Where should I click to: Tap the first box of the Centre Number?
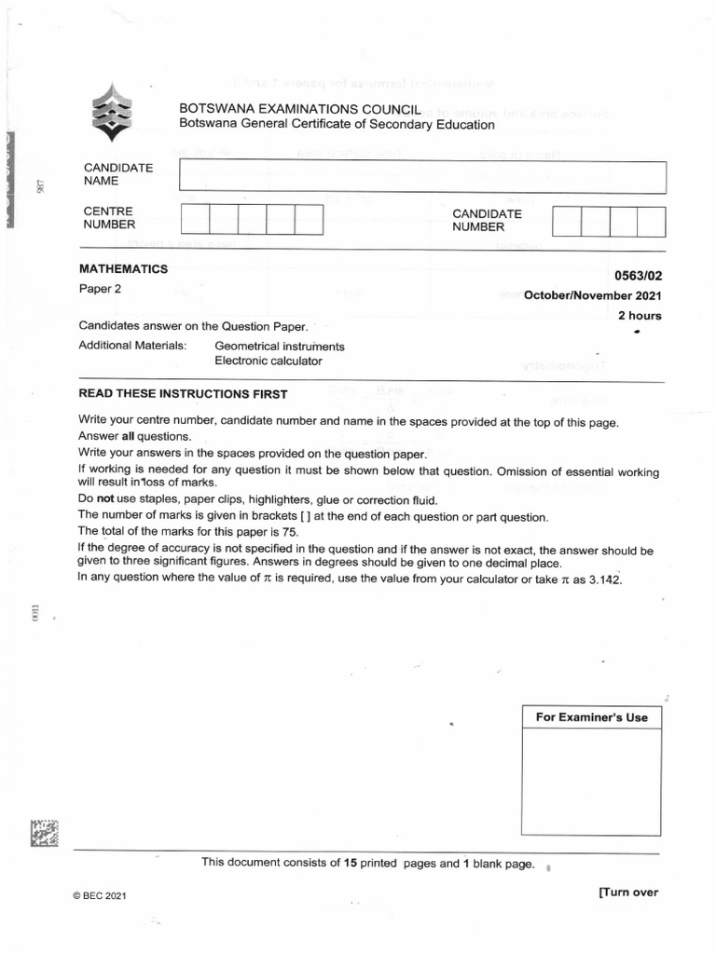click(195, 220)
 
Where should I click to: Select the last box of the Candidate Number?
click(652, 222)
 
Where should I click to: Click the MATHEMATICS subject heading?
click(124, 269)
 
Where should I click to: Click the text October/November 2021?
click(592, 296)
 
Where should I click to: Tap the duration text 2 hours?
click(640, 316)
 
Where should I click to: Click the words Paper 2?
click(101, 289)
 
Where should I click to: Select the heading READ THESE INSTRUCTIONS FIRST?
click(184, 394)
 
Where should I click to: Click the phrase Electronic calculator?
click(268, 361)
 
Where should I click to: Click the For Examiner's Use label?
click(591, 717)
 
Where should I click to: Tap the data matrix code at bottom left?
click(44, 832)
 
